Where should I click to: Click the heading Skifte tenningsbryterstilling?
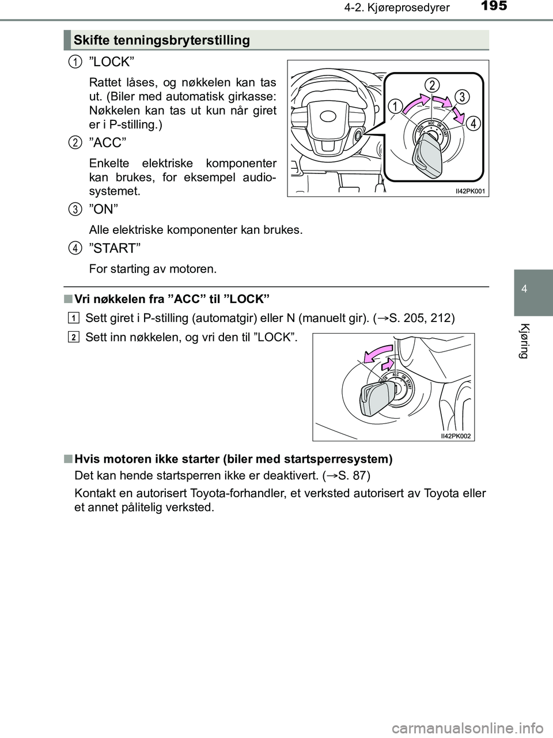pyautogui.click(x=161, y=40)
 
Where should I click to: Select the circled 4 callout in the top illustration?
pyautogui.click(x=472, y=123)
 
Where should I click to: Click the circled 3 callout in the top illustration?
pyautogui.click(x=460, y=96)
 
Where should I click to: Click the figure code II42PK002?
pyautogui.click(x=455, y=436)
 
